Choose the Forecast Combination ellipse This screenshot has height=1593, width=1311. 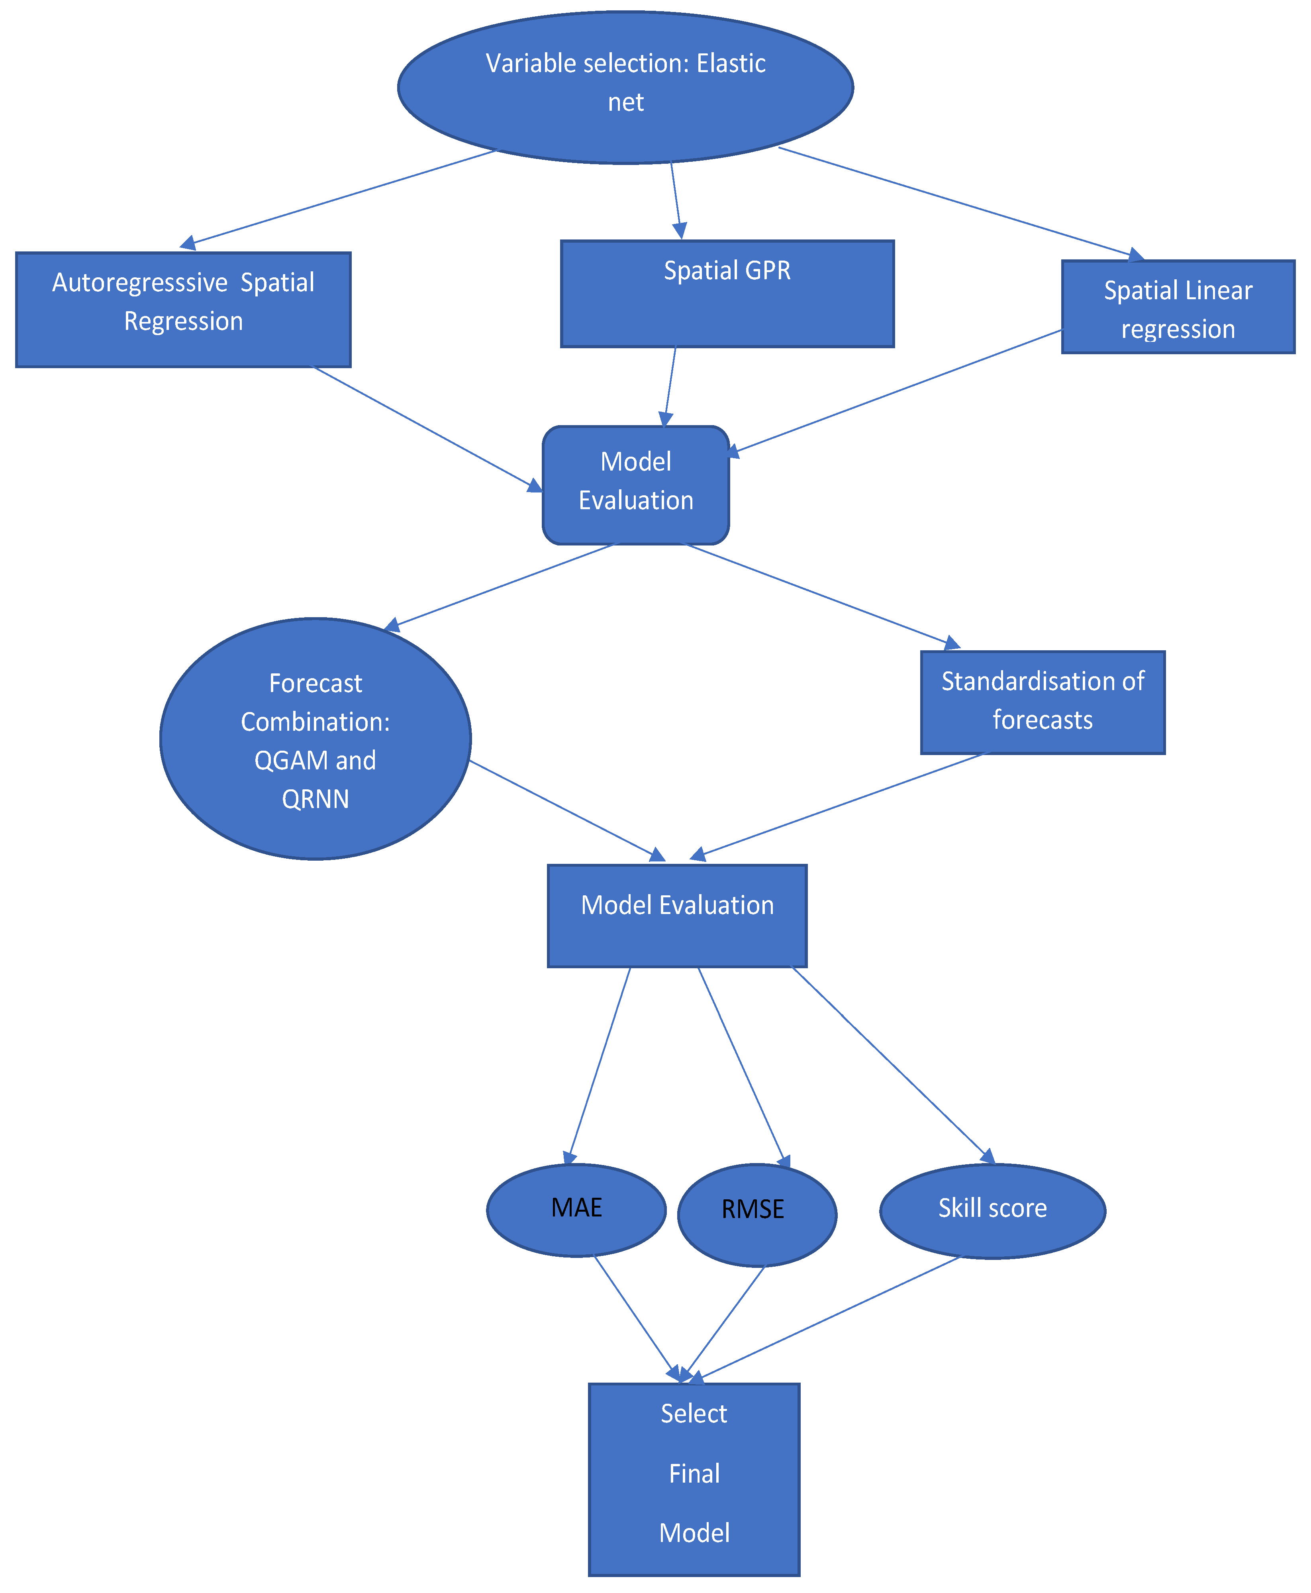coord(315,739)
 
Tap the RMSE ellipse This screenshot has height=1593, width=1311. coord(757,1214)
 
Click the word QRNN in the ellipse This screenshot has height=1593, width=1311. coord(315,798)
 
